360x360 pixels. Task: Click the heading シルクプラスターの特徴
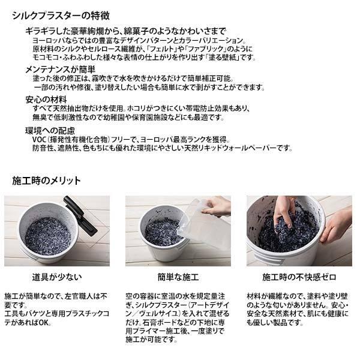click(61, 16)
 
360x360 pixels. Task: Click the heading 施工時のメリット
click(46, 181)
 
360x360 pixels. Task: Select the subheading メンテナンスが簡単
click(60, 70)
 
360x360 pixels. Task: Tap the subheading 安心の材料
click(46, 100)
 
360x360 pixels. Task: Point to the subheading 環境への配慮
click(50, 131)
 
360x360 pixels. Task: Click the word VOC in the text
click(39, 140)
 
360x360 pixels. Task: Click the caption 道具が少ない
click(57, 277)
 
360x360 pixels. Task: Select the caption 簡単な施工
click(178, 277)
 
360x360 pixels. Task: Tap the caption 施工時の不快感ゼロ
click(299, 277)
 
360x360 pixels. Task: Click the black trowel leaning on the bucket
click(80, 216)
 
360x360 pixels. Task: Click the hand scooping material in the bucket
click(284, 212)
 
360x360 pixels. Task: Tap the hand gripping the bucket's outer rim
click(337, 224)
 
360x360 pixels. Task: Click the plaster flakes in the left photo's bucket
click(48, 236)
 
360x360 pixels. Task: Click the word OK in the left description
click(44, 323)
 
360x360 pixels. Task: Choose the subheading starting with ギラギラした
click(126, 31)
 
